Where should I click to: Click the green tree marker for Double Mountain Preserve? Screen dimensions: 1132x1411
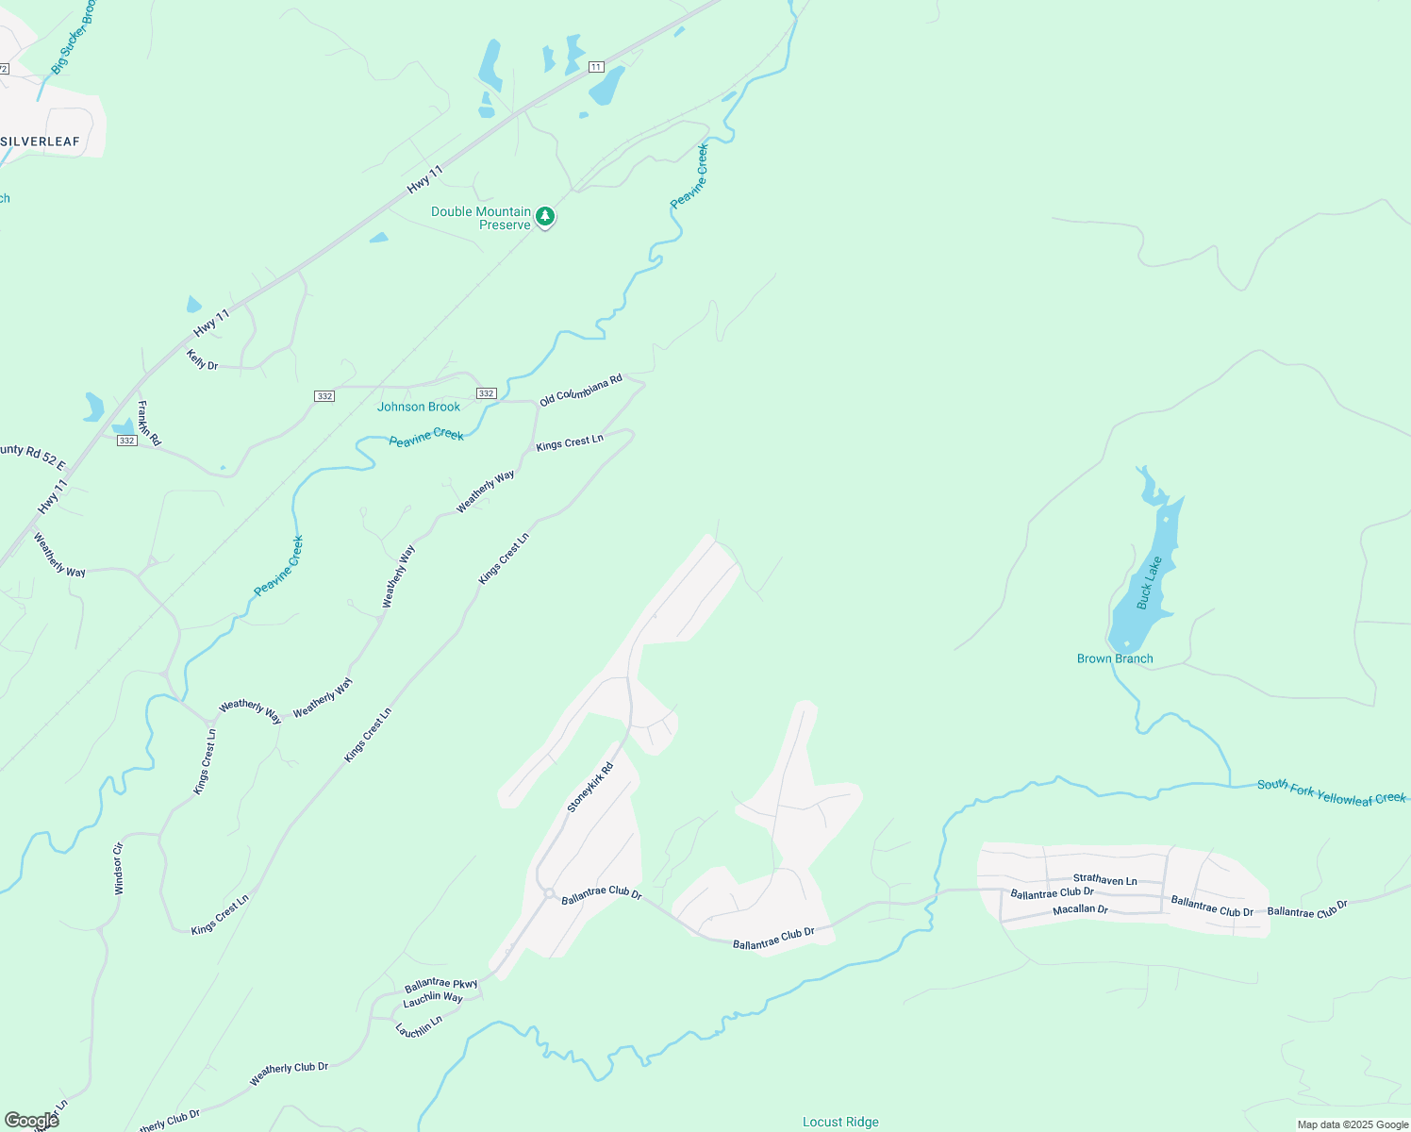click(x=545, y=217)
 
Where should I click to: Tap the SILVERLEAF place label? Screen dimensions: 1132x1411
click(x=41, y=141)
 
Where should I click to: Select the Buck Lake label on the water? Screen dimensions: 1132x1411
click(x=1149, y=583)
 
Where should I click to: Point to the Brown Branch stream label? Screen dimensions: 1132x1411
click(x=1115, y=658)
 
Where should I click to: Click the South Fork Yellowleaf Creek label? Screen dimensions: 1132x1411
click(x=1331, y=792)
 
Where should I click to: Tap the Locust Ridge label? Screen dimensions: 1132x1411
click(x=840, y=1122)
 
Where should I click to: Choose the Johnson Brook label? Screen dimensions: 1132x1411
click(x=419, y=407)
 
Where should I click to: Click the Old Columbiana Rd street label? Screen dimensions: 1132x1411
click(x=581, y=391)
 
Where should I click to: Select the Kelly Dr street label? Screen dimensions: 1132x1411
click(x=202, y=359)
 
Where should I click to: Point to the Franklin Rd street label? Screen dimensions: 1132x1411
click(x=149, y=424)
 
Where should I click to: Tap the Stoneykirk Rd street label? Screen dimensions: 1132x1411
click(x=590, y=788)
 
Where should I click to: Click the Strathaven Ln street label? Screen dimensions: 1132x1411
click(x=1104, y=879)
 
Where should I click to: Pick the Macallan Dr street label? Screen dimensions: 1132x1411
click(x=1080, y=909)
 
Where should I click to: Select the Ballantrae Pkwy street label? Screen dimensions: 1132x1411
click(x=440, y=985)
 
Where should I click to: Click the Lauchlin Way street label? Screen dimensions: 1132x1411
click(x=433, y=999)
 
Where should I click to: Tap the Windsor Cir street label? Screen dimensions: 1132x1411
click(x=119, y=869)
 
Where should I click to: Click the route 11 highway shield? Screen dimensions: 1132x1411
click(x=596, y=67)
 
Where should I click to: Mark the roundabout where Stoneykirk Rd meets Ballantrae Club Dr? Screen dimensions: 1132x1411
click(x=548, y=893)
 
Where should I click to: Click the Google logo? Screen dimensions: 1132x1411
click(x=32, y=1120)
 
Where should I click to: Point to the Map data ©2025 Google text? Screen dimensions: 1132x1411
click(x=1353, y=1124)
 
